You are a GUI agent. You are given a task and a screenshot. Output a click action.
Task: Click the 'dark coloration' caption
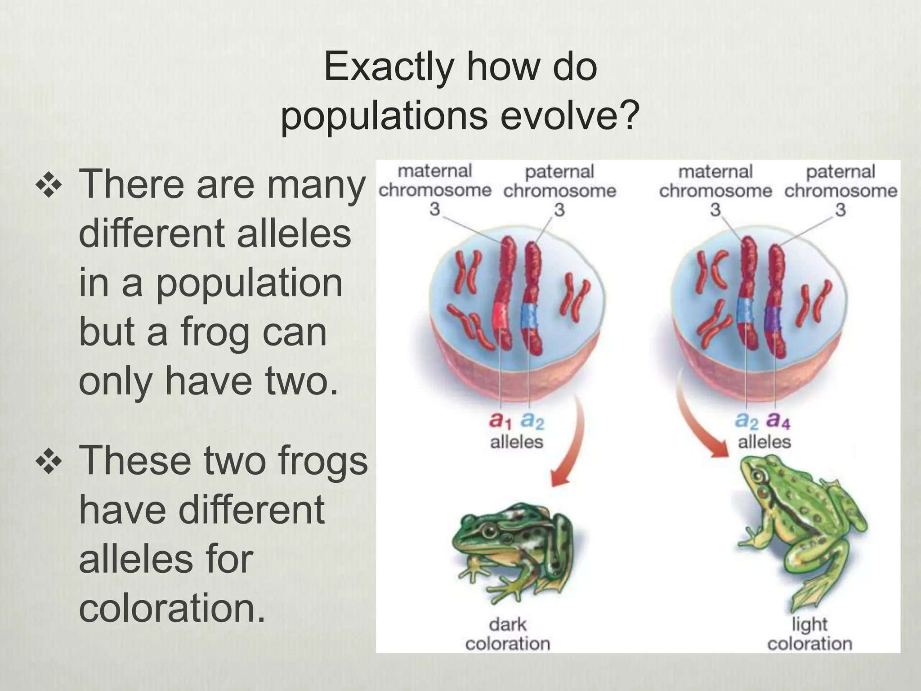click(x=508, y=634)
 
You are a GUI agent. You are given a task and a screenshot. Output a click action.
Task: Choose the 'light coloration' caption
click(x=809, y=634)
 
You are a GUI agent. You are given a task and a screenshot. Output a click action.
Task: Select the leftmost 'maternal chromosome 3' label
click(x=434, y=190)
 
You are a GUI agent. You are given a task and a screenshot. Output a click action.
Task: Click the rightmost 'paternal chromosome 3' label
click(x=840, y=190)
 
